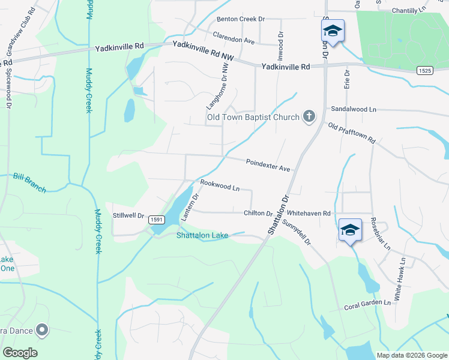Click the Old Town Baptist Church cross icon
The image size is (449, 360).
pos(309,116)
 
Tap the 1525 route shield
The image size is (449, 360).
pos(424,71)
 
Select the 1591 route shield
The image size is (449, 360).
pos(156,220)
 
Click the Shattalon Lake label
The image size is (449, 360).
pos(202,235)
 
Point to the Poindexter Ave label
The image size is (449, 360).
pos(268,165)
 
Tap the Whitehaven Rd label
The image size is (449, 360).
pos(309,213)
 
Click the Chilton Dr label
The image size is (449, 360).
pos(258,213)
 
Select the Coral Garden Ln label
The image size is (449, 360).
pos(367,305)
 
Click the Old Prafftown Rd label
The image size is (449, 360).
pos(352,132)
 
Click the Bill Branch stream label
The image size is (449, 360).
pos(29,182)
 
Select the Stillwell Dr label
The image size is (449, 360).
pos(129,215)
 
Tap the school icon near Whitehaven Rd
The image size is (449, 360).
pos(351,230)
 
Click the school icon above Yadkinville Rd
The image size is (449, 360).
pos(333,30)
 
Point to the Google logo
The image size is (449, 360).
pos(20,353)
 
